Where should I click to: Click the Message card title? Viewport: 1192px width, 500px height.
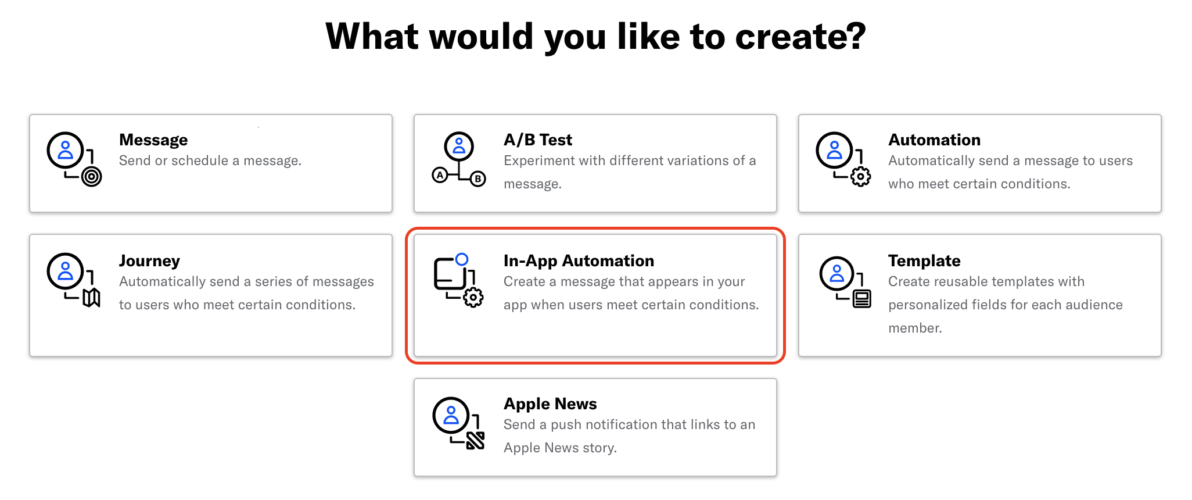153,140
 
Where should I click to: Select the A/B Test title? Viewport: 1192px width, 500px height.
538,140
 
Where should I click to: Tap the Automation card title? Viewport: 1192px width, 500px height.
934,140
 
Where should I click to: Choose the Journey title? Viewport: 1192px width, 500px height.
149,261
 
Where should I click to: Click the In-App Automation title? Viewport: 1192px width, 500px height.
579,261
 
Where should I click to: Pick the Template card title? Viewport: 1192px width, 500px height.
924,261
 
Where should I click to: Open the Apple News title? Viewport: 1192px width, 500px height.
550,404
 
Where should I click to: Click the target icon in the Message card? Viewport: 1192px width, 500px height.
91,176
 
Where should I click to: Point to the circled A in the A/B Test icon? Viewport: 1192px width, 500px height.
440,174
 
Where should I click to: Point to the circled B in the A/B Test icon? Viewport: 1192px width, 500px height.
477,178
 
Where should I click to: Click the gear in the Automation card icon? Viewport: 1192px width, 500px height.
860,177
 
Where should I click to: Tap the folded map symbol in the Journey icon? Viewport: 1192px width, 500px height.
91,298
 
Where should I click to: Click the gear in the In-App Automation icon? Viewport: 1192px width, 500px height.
473,298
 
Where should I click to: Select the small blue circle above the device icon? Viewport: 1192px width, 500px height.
462,259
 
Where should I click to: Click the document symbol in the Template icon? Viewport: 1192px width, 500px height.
861,299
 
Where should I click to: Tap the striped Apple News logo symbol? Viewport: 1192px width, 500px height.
475,441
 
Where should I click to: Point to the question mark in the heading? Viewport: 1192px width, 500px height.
856,36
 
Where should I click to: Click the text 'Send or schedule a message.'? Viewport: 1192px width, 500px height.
210,161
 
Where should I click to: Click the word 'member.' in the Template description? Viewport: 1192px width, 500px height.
915,328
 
